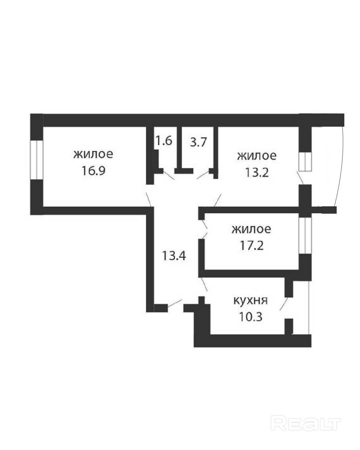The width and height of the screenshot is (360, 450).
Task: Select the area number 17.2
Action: click(x=252, y=246)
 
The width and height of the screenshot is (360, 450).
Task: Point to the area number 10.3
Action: click(x=250, y=316)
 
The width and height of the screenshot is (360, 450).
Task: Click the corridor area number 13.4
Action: click(x=174, y=256)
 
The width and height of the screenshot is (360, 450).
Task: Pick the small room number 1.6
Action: click(x=164, y=141)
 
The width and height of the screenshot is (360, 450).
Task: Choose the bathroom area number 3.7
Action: click(x=199, y=142)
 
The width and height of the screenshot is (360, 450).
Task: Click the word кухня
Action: click(x=250, y=300)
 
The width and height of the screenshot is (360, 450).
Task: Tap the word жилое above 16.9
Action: click(x=94, y=154)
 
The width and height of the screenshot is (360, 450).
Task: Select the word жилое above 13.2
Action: click(x=257, y=156)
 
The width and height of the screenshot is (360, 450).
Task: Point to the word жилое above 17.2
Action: click(x=252, y=229)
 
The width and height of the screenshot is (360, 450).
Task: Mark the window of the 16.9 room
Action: click(x=37, y=160)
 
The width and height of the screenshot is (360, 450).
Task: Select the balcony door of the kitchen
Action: click(x=284, y=304)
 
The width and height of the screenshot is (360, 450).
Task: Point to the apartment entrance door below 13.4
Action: click(x=175, y=303)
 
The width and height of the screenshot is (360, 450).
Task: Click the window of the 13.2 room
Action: click(x=304, y=162)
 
